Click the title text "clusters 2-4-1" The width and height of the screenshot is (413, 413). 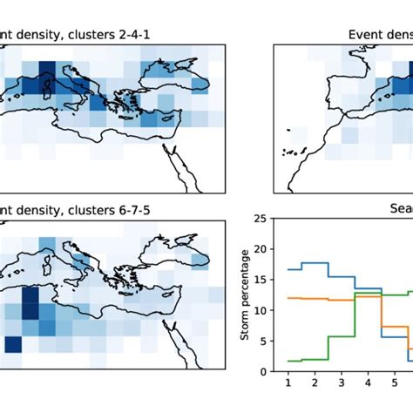tap(89, 35)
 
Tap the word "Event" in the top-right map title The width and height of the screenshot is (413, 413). tap(366, 35)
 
